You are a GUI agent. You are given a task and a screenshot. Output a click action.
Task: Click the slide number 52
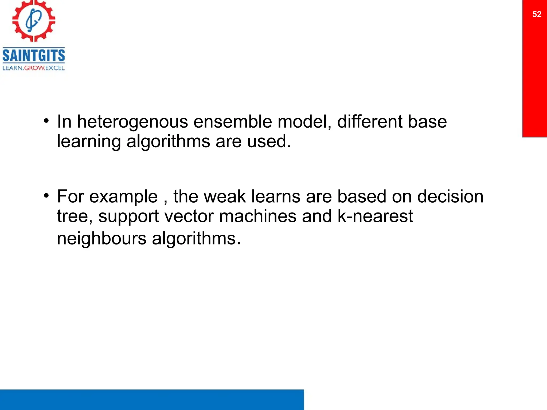[537, 14]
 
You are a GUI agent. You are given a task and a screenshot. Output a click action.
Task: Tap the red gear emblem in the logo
[34, 21]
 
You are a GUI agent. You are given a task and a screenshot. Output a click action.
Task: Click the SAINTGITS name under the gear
[34, 56]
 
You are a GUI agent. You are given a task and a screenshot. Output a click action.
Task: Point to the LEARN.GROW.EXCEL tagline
[34, 68]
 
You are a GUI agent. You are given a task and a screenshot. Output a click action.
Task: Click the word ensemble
[232, 122]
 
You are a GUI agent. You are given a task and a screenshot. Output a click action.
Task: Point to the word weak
[225, 197]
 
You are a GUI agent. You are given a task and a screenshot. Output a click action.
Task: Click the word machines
[258, 216]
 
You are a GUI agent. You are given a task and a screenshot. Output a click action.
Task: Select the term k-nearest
[375, 216]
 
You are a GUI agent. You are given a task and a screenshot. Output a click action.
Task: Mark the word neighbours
[101, 238]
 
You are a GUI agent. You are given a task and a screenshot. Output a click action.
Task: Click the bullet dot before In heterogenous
[46, 121]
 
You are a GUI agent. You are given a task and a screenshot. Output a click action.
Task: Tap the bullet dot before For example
[46, 196]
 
